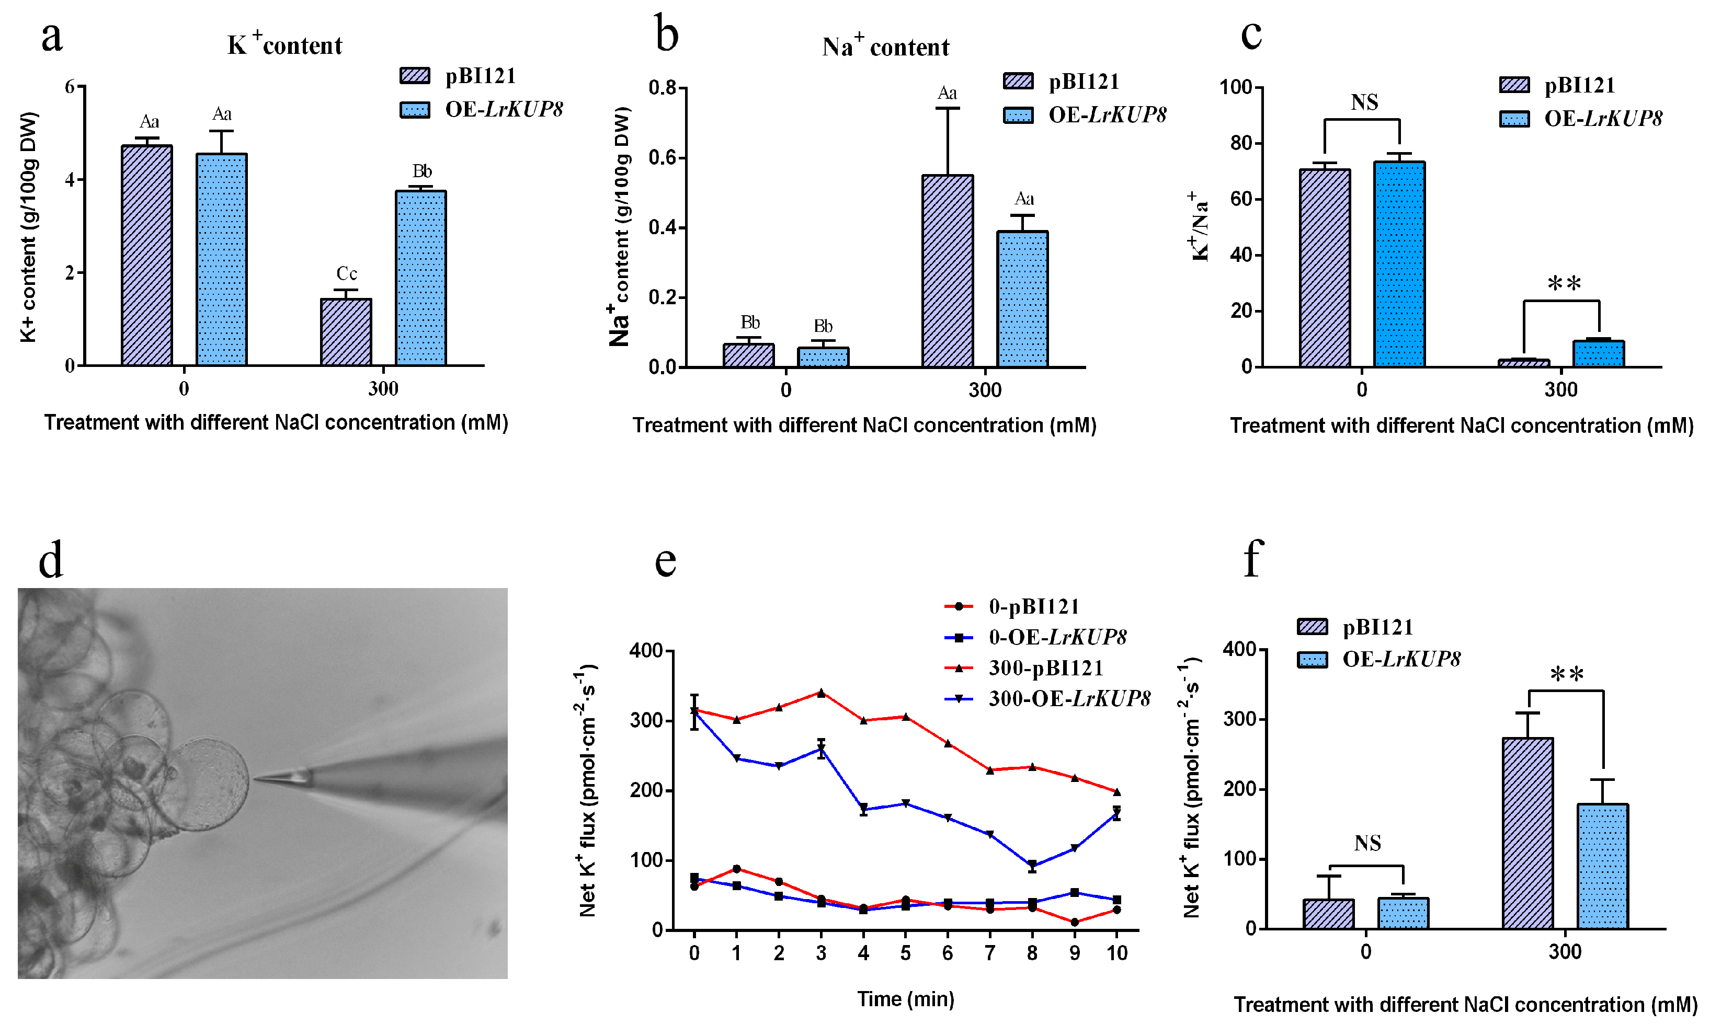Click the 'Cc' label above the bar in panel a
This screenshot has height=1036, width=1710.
(x=346, y=273)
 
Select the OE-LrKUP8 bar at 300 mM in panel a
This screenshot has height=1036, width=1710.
(x=420, y=278)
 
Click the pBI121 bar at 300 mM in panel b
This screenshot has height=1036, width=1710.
(x=948, y=271)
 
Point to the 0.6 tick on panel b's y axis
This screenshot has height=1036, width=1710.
(x=663, y=157)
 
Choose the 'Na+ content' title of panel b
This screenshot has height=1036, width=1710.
(x=885, y=47)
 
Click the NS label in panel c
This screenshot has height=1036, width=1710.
(x=1364, y=102)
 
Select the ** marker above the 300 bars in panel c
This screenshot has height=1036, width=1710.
(x=1564, y=284)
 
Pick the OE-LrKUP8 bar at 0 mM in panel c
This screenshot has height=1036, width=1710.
(x=1399, y=263)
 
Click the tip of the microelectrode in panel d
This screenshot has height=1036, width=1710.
(x=255, y=778)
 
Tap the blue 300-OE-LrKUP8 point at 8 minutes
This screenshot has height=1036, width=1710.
(x=1032, y=865)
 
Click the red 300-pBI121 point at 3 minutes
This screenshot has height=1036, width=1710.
(x=821, y=693)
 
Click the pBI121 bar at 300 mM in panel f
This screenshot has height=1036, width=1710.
(x=1527, y=833)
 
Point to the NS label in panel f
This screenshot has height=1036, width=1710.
(x=1367, y=843)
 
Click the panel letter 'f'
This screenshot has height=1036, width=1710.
(x=1252, y=559)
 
